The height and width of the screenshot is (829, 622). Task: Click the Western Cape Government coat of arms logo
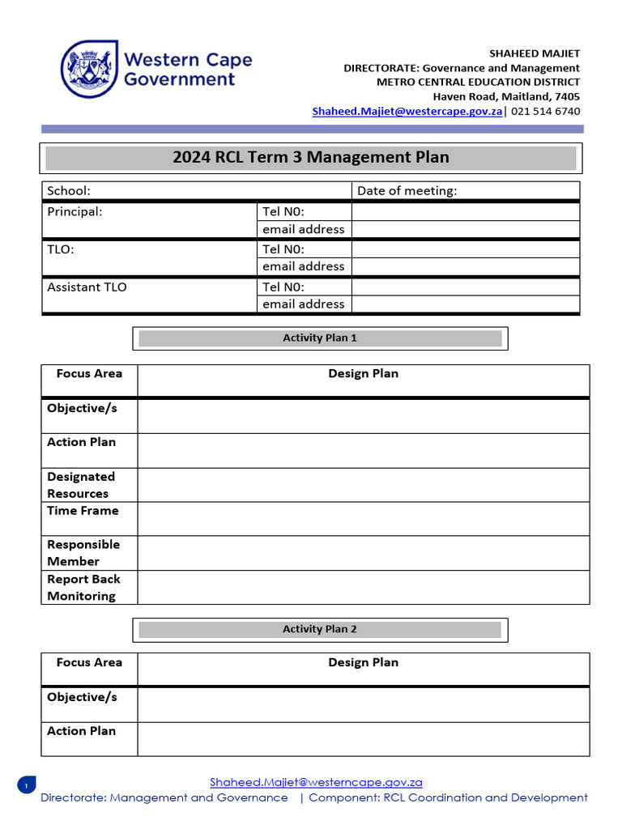click(x=89, y=70)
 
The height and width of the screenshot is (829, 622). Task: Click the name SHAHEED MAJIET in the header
click(x=535, y=53)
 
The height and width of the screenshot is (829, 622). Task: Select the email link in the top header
click(x=407, y=112)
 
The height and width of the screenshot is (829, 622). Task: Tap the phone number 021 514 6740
click(x=544, y=112)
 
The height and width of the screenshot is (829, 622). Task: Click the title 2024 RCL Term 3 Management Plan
click(x=310, y=157)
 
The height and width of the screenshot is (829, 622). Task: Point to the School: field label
click(x=69, y=191)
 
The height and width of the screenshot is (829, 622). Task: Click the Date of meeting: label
click(x=407, y=191)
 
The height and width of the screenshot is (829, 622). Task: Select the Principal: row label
click(x=75, y=212)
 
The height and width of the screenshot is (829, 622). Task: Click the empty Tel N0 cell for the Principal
click(x=466, y=212)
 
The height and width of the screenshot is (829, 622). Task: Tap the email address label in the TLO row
click(x=303, y=266)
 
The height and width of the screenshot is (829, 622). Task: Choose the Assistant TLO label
click(x=87, y=287)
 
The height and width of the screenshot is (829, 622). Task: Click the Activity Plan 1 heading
click(x=319, y=338)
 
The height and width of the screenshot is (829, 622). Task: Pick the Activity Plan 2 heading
click(x=319, y=629)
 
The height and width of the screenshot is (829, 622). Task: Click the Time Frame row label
click(x=83, y=511)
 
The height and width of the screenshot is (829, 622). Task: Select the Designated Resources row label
click(x=81, y=485)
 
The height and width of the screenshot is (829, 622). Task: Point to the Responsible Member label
click(x=83, y=553)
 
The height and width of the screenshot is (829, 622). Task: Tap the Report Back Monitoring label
click(x=83, y=588)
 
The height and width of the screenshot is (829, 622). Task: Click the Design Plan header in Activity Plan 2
click(x=363, y=662)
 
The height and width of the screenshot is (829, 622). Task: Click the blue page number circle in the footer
click(x=26, y=785)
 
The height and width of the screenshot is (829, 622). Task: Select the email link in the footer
click(x=316, y=782)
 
